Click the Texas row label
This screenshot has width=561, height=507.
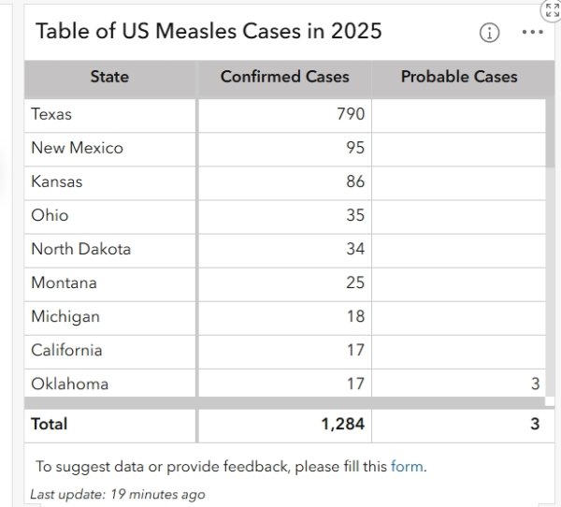click(x=51, y=114)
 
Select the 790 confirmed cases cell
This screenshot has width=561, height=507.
click(x=350, y=114)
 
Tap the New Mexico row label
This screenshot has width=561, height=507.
click(x=77, y=148)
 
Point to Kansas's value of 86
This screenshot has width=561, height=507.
click(x=354, y=181)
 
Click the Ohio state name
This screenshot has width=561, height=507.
click(x=50, y=215)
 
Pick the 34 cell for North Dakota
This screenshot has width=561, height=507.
click(x=354, y=249)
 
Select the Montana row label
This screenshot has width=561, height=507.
click(x=64, y=282)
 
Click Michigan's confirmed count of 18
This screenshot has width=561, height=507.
click(x=354, y=316)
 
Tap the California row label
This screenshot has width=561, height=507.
click(x=66, y=350)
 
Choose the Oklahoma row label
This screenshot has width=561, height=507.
click(x=69, y=384)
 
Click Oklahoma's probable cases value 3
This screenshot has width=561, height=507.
click(x=535, y=384)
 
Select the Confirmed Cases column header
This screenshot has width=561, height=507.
click(x=284, y=77)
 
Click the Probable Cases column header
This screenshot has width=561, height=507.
click(x=458, y=77)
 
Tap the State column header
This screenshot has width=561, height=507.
click(x=109, y=77)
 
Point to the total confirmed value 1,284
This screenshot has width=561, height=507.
click(x=342, y=424)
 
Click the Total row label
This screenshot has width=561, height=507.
click(x=50, y=424)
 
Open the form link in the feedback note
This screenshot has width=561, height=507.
click(x=407, y=466)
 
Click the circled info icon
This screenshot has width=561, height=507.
click(x=489, y=32)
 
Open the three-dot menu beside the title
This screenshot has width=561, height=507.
click(x=532, y=32)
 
